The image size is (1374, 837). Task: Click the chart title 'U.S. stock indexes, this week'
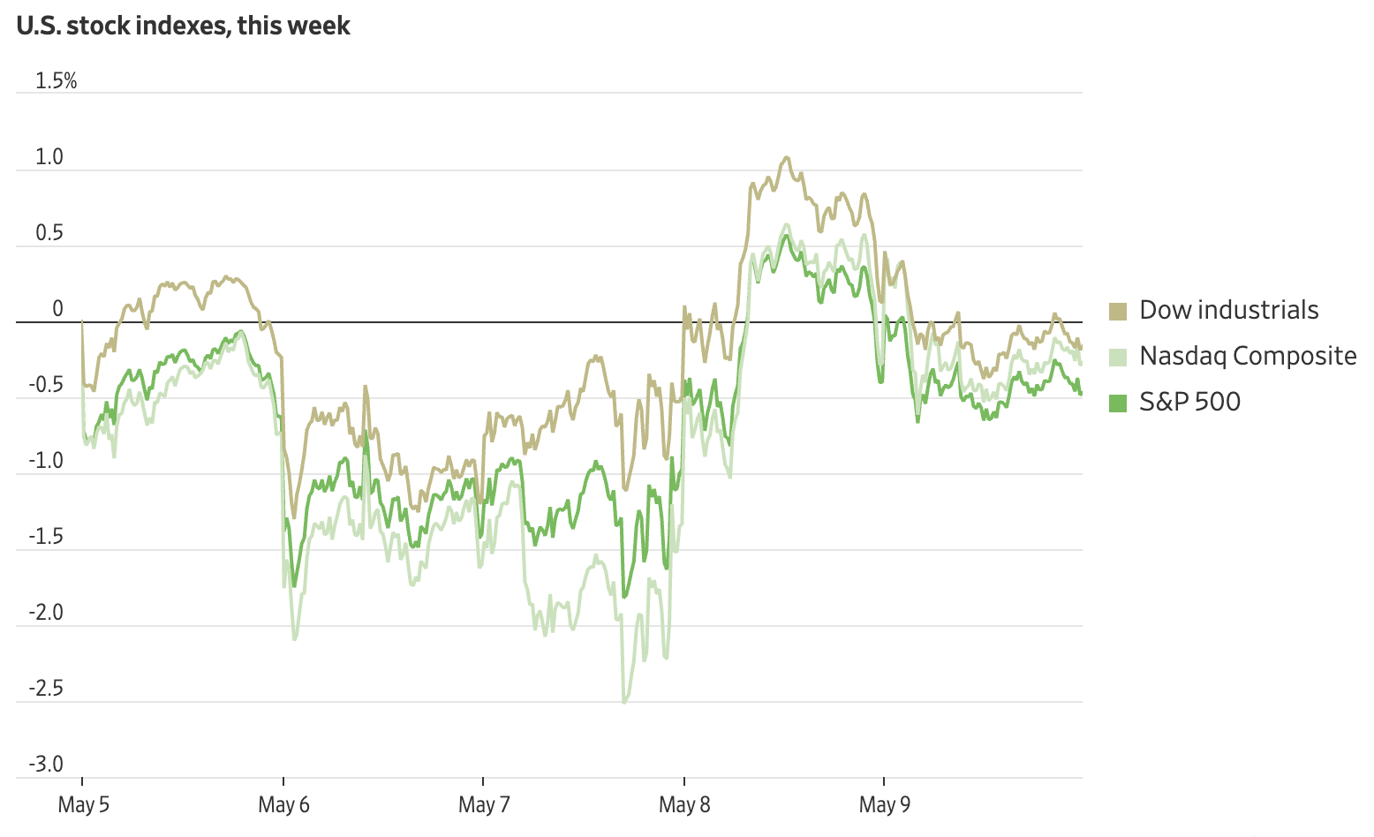tap(183, 26)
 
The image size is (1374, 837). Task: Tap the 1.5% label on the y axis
tap(56, 81)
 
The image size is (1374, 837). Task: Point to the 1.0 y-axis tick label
tap(49, 157)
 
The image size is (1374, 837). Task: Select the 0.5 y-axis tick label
tap(49, 233)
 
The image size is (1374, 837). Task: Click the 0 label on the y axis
tap(58, 309)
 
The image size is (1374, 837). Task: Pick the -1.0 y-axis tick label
tap(46, 461)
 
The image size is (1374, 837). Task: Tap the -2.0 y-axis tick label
tap(46, 613)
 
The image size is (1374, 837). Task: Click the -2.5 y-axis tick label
tap(46, 689)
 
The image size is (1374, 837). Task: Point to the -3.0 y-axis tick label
tap(46, 765)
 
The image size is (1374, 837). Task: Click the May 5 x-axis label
tap(84, 804)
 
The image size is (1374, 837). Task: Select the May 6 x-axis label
tap(283, 804)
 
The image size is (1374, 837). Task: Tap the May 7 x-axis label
tap(484, 804)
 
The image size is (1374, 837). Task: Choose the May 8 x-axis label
tap(684, 804)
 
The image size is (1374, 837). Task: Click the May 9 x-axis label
tap(884, 804)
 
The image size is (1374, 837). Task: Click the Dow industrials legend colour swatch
tap(1118, 311)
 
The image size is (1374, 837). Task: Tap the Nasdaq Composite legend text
tap(1248, 356)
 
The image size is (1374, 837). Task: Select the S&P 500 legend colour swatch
tap(1118, 403)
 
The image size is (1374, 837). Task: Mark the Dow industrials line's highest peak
tap(786, 158)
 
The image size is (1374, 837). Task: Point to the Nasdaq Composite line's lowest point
tap(624, 703)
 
